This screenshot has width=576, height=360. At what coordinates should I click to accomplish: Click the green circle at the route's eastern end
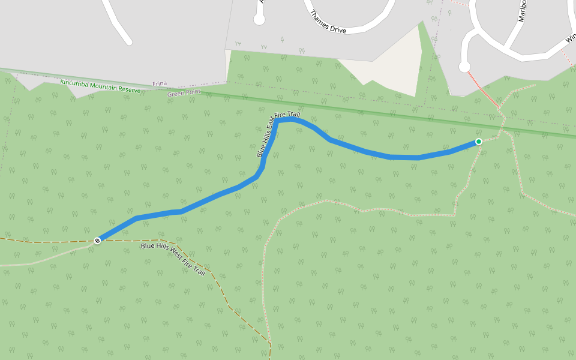(478, 142)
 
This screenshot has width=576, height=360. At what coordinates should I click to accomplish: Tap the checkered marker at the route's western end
(97, 240)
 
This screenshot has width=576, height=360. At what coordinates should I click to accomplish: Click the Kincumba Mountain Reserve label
(100, 86)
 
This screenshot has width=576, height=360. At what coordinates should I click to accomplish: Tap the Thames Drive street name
(328, 22)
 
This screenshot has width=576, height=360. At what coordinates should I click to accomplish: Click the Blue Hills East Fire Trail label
(277, 133)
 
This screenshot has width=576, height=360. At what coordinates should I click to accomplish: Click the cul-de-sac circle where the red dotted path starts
(464, 67)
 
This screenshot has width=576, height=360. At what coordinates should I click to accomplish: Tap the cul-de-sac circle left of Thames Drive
(259, 19)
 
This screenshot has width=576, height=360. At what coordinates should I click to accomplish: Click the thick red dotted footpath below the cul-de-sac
(482, 89)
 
